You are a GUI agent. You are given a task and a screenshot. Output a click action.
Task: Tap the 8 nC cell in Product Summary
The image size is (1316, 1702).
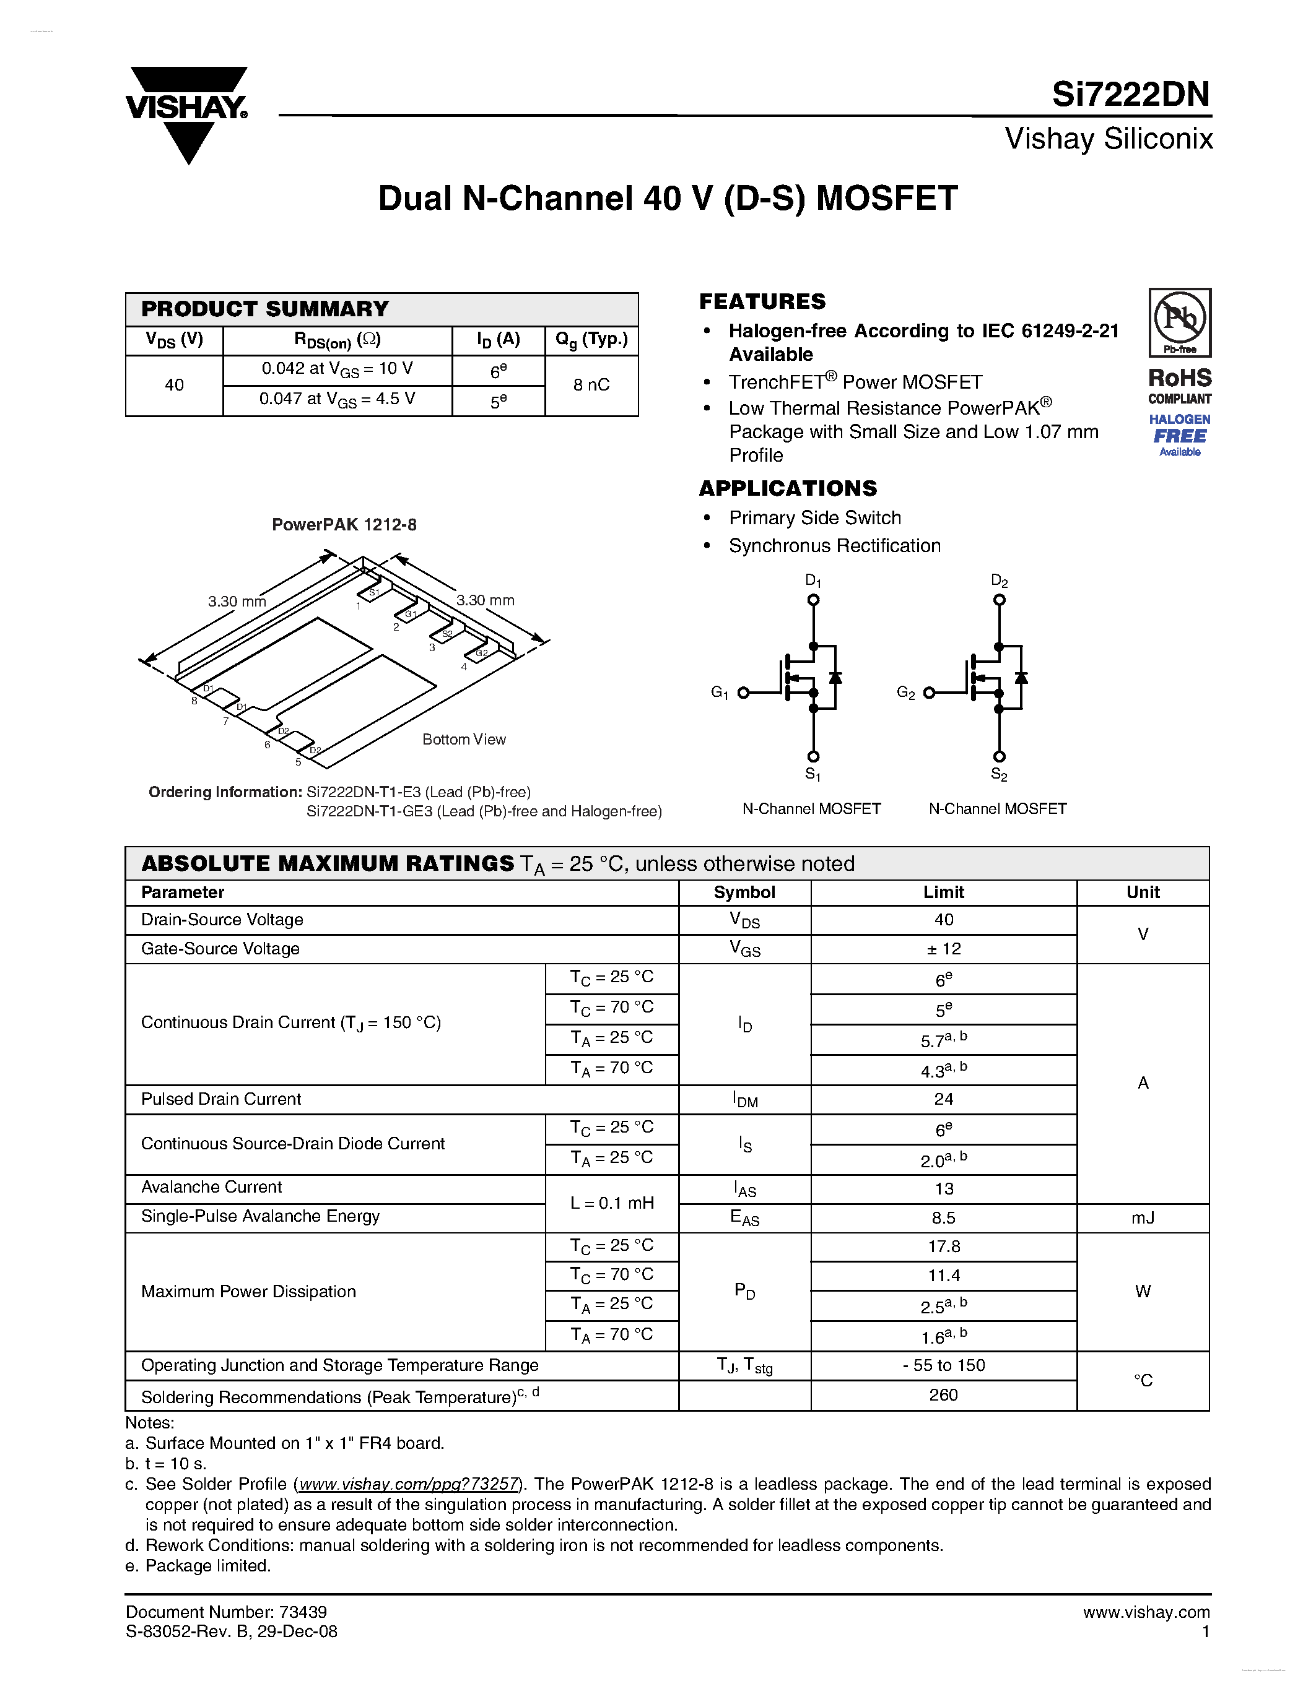(x=591, y=385)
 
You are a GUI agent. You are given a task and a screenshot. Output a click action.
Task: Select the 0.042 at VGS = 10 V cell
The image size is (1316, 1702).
(x=337, y=369)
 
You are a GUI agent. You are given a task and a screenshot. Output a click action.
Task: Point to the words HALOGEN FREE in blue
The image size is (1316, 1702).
(x=1180, y=429)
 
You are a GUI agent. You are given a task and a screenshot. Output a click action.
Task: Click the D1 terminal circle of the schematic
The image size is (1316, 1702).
(x=813, y=599)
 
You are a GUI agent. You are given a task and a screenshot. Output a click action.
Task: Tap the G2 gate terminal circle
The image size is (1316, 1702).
(x=928, y=693)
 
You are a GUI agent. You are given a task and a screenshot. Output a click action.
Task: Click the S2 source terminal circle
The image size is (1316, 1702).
(x=1000, y=756)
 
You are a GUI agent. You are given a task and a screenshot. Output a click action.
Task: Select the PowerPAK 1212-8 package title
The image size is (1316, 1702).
(x=344, y=524)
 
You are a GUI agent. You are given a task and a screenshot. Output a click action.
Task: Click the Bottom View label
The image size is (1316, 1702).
(x=464, y=739)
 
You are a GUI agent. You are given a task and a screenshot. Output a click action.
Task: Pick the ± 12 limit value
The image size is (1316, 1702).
(x=943, y=948)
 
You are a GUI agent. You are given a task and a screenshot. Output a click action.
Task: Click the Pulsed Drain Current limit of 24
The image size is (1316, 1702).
(x=943, y=1099)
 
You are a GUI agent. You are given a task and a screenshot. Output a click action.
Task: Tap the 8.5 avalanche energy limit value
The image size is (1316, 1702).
(x=943, y=1217)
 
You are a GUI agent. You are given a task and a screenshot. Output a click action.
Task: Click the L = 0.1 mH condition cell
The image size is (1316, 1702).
(x=612, y=1203)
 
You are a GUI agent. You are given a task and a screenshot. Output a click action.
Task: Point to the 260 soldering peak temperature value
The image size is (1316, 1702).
(x=943, y=1394)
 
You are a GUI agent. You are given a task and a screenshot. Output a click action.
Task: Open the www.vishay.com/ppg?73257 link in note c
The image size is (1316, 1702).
(x=409, y=1484)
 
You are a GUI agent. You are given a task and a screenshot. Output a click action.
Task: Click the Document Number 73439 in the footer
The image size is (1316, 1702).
(x=226, y=1612)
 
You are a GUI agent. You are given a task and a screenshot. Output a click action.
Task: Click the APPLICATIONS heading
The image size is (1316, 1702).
(x=787, y=488)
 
